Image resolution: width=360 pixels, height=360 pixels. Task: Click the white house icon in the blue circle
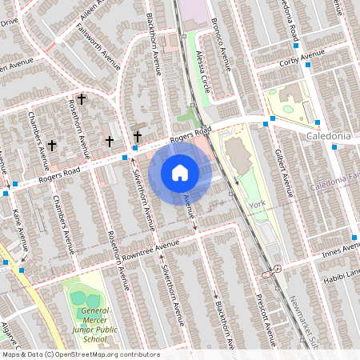pyautogui.click(x=180, y=172)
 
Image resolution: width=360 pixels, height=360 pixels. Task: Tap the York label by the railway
pyautogui.click(x=257, y=206)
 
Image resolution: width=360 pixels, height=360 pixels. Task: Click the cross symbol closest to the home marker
pyautogui.click(x=137, y=136)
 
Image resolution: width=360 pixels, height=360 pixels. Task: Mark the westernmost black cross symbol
pyautogui.click(x=52, y=145)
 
